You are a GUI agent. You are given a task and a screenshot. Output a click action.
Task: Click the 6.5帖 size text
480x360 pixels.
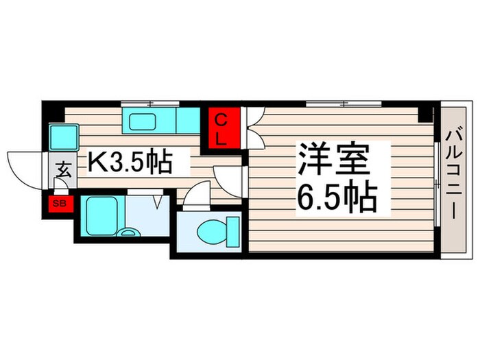[x=337, y=198]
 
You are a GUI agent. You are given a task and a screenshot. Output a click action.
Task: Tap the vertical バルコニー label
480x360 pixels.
[x=455, y=178]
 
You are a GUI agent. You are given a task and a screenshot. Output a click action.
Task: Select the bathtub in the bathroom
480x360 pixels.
[x=103, y=215]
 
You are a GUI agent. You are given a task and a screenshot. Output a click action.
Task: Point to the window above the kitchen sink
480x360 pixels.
[x=149, y=104]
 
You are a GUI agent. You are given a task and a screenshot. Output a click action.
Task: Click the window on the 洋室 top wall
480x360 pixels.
[x=344, y=104]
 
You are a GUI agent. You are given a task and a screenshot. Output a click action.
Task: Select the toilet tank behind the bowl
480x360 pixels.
[x=232, y=230]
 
